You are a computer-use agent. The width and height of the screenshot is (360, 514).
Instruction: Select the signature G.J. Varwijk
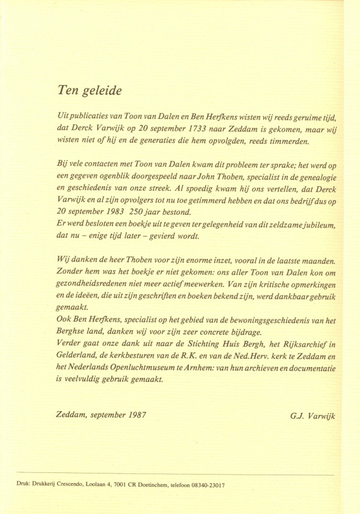312,416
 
